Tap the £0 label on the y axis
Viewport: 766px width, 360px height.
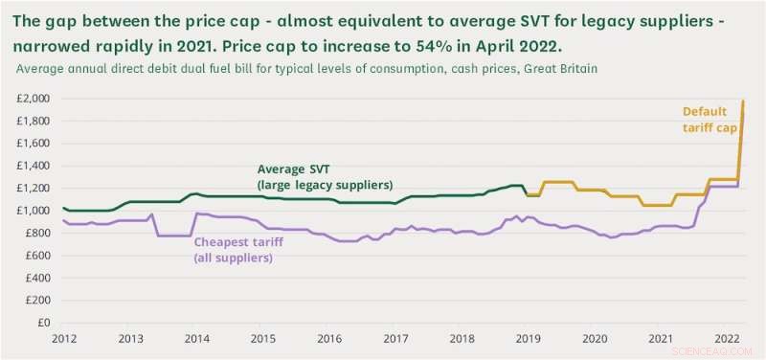[44, 324]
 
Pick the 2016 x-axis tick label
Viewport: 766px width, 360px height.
[329, 339]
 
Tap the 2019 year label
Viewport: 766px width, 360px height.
[528, 339]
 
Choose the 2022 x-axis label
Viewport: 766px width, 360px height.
[725, 339]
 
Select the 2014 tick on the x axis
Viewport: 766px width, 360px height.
[197, 339]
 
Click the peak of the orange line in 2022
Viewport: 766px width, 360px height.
[743, 101]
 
